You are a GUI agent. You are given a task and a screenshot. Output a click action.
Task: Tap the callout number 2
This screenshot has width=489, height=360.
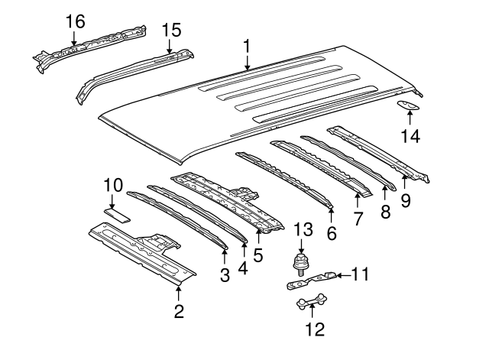[179, 311]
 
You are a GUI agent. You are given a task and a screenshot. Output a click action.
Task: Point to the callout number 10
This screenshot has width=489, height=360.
[113, 184]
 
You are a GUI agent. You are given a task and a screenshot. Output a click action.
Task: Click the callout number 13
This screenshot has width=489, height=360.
[303, 229]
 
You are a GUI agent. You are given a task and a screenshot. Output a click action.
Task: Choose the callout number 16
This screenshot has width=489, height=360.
[74, 21]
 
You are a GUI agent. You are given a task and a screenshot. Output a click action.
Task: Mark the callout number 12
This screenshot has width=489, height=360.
[314, 329]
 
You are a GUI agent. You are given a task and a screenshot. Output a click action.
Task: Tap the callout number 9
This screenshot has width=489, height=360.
[406, 201]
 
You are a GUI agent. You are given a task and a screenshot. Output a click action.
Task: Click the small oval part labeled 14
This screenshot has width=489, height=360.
[410, 107]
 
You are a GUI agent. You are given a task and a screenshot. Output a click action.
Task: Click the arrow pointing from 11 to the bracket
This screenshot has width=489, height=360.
[342, 273]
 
